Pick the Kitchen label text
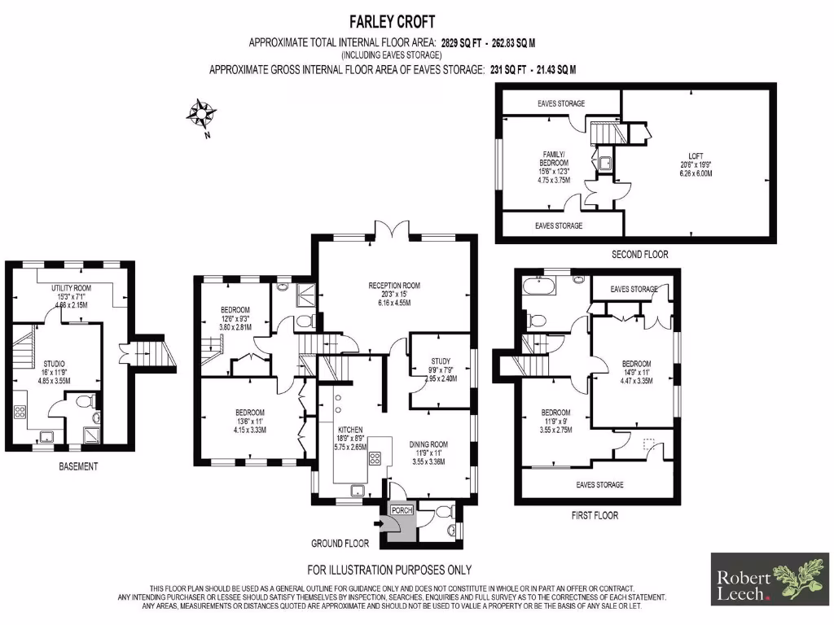coord(351,429)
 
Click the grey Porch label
coord(402,510)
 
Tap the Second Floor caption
coord(639,255)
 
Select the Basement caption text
coord(78,466)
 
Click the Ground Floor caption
coord(340,543)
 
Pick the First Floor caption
coord(595,515)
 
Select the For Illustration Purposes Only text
coord(388,570)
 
